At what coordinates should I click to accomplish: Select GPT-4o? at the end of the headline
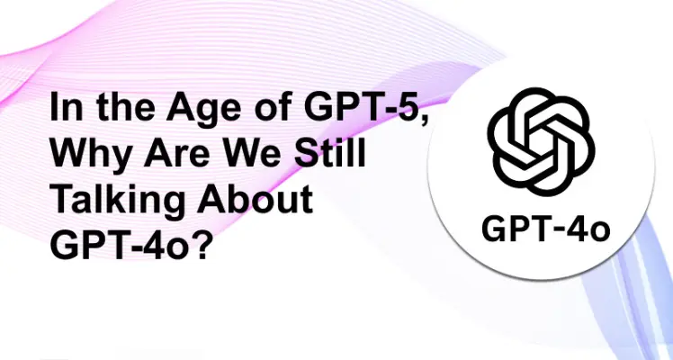click(130, 242)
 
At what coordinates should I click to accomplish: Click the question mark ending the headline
click(202, 242)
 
